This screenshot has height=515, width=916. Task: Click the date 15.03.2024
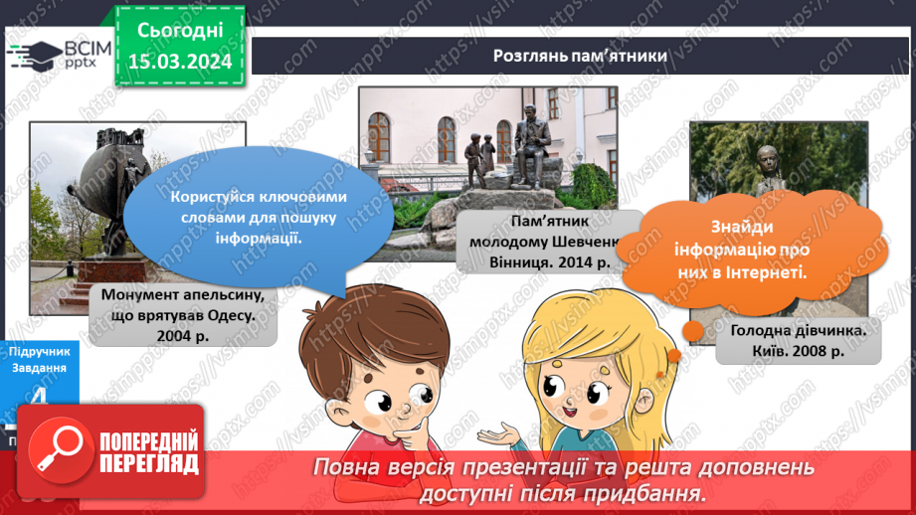tap(180, 62)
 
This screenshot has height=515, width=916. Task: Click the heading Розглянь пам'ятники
tap(580, 56)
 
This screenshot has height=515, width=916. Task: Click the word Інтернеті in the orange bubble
tap(757, 269)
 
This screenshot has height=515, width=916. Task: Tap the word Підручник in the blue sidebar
tap(37, 352)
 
